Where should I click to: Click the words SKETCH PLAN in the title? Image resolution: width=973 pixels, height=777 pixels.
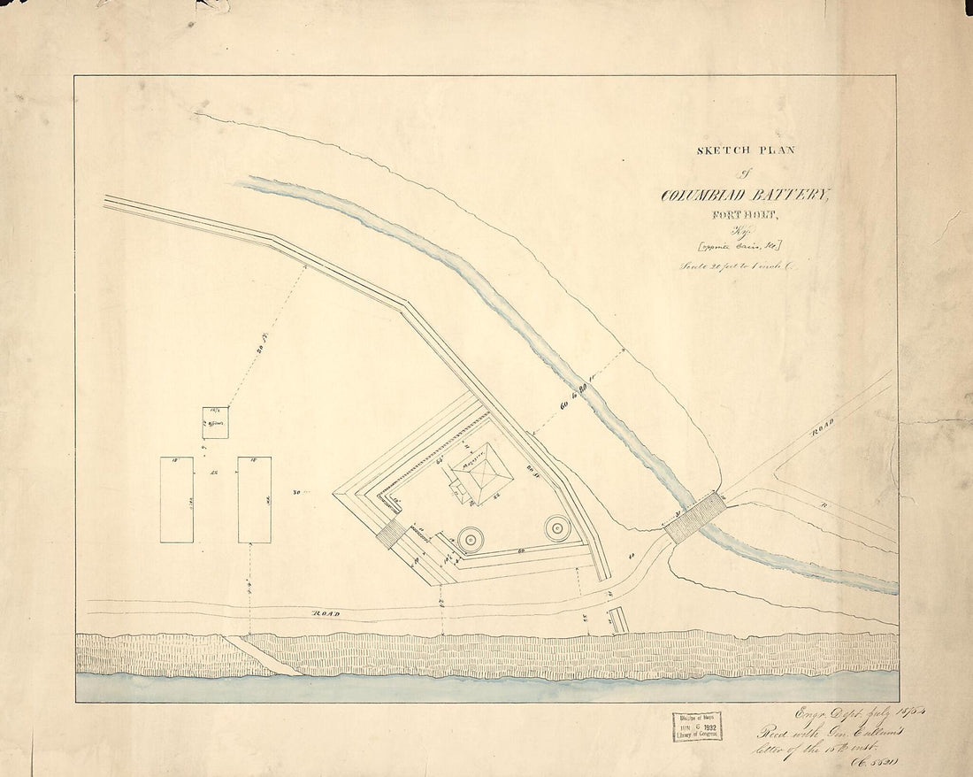tap(745, 150)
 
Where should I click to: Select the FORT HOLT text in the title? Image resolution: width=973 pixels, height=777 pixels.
tap(747, 213)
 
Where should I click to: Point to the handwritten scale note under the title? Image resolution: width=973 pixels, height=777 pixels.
tap(738, 265)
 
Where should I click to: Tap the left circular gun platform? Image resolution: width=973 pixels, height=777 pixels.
tap(470, 537)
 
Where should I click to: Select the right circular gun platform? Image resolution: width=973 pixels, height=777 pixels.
tap(557, 528)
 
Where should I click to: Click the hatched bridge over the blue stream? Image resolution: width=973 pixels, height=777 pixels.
tap(696, 519)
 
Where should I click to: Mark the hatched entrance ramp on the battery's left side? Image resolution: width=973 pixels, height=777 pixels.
tap(392, 533)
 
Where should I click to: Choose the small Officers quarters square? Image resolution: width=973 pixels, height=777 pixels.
tap(215, 422)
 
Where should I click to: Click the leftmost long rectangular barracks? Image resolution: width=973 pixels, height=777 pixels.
tap(177, 499)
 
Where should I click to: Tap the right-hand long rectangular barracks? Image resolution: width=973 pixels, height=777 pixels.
tap(254, 499)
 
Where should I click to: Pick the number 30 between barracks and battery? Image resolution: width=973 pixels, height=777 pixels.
tap(297, 491)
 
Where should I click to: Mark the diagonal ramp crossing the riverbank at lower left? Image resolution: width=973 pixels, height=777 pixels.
tap(262, 655)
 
